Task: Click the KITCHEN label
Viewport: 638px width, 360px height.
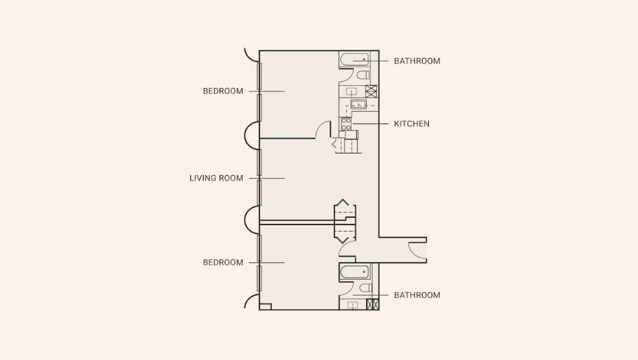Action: (x=411, y=123)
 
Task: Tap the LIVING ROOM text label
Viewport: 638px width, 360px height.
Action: (x=216, y=178)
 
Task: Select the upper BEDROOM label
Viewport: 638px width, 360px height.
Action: (x=223, y=91)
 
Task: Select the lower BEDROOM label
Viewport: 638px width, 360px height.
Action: (x=223, y=262)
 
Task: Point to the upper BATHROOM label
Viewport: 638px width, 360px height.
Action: (x=417, y=61)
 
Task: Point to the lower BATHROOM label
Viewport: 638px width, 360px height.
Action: (x=417, y=295)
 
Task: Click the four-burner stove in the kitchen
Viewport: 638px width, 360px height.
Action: (x=347, y=123)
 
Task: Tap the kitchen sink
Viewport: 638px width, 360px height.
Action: (x=358, y=105)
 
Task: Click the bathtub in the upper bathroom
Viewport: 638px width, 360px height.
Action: (x=354, y=60)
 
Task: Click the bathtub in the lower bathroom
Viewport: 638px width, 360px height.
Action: (x=354, y=272)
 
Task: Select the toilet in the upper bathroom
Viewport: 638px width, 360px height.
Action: (x=363, y=75)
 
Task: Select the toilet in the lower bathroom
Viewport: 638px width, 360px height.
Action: (x=365, y=288)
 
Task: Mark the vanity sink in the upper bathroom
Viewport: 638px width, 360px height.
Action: (x=351, y=92)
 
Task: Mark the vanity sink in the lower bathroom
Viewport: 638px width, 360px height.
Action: (x=352, y=305)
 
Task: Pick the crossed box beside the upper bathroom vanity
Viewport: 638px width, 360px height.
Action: (x=371, y=91)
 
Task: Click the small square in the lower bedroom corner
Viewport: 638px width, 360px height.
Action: (x=265, y=307)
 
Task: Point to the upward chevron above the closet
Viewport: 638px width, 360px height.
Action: (x=342, y=202)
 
